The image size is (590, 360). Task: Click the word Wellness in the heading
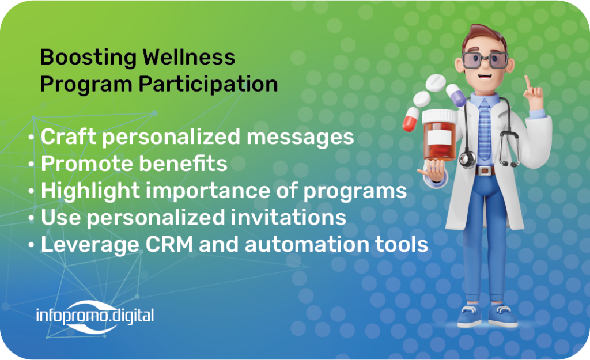pos(188,58)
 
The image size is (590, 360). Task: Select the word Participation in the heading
pos(208,85)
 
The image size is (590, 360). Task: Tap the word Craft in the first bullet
pos(69,136)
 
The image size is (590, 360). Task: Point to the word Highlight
pos(90,191)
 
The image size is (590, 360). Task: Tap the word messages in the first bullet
pos(300,137)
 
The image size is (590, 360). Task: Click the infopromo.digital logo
pos(95,316)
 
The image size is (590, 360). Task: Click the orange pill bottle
pos(440,135)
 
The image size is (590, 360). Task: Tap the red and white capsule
pos(410,119)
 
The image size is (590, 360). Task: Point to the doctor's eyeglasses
pos(485,60)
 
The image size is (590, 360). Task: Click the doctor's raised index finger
pos(528,82)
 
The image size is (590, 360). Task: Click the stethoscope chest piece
pos(467,159)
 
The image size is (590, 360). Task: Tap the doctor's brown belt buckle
pos(485,170)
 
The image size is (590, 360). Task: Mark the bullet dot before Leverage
pos(32,245)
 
